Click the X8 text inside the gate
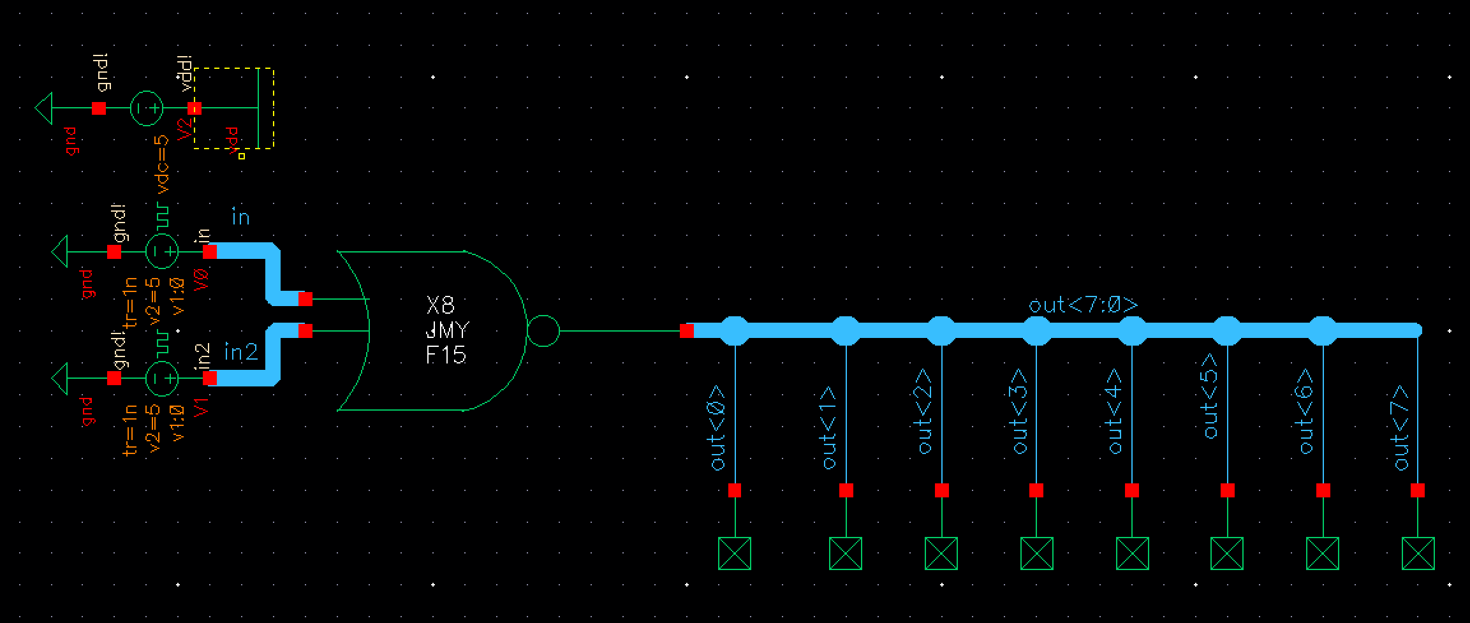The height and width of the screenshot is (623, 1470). [x=441, y=306]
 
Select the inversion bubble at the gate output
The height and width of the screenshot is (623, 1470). [x=543, y=331]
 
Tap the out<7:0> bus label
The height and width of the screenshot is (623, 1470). [x=1083, y=305]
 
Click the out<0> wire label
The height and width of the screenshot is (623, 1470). [x=718, y=427]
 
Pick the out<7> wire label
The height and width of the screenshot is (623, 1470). [x=1400, y=427]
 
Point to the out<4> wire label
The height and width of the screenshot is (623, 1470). [x=1115, y=411]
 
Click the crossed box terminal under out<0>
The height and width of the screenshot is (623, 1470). [x=735, y=553]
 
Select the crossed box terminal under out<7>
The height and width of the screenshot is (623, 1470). [x=1418, y=553]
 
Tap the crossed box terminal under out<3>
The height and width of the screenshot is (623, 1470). [x=1036, y=553]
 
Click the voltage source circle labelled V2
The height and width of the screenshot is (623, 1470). [x=147, y=108]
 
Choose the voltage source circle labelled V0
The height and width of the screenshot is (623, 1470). [x=162, y=252]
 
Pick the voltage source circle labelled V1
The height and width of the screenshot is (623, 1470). [x=162, y=378]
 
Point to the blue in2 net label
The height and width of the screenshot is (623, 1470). [x=241, y=352]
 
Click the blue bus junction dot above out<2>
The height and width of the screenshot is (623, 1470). [x=941, y=330]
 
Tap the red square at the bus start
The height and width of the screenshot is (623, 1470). [x=687, y=331]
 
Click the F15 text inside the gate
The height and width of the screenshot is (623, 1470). [x=446, y=355]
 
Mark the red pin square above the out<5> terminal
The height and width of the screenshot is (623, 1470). [x=1228, y=490]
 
